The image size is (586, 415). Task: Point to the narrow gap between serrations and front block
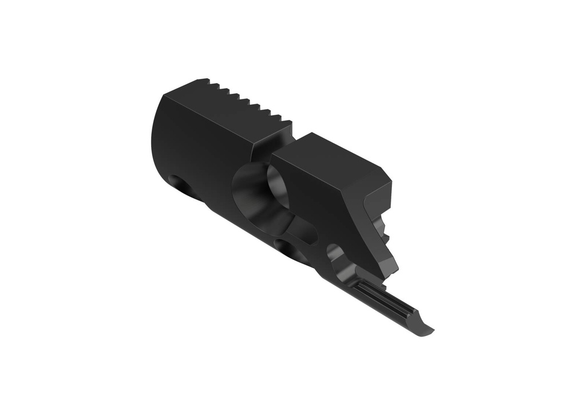(x=269, y=147)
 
